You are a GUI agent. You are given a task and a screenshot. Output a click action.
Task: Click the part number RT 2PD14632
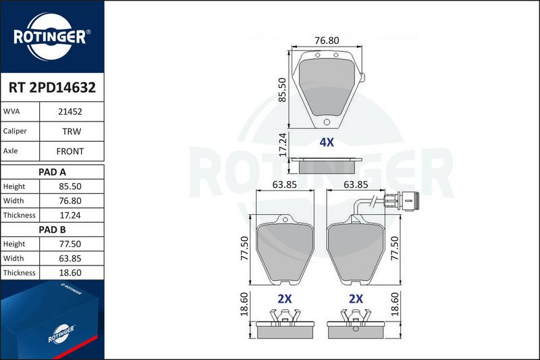pos(53,88)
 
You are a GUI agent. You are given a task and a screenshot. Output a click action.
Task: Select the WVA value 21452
pos(70,111)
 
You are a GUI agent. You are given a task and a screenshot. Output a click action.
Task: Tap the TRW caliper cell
pos(72,131)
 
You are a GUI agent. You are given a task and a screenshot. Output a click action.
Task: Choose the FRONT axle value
pos(70,151)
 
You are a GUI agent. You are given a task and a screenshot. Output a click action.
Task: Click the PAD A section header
pos(53,172)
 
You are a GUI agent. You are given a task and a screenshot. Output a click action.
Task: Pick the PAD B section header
pos(53,230)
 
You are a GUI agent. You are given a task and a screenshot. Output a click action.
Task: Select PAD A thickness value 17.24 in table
pos(70,215)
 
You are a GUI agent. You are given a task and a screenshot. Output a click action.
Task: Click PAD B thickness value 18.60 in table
pos(70,273)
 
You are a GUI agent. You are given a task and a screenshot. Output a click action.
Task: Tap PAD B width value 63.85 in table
pos(70,259)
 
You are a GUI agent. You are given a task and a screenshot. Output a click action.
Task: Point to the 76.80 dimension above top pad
pos(327,41)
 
